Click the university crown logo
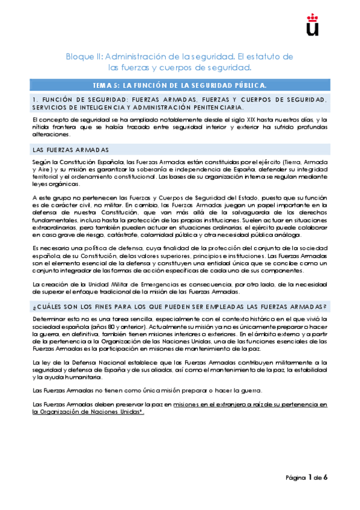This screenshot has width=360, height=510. click(x=313, y=23)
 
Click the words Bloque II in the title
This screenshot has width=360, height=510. click(x=84, y=57)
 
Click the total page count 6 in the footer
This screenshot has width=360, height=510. click(x=325, y=478)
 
